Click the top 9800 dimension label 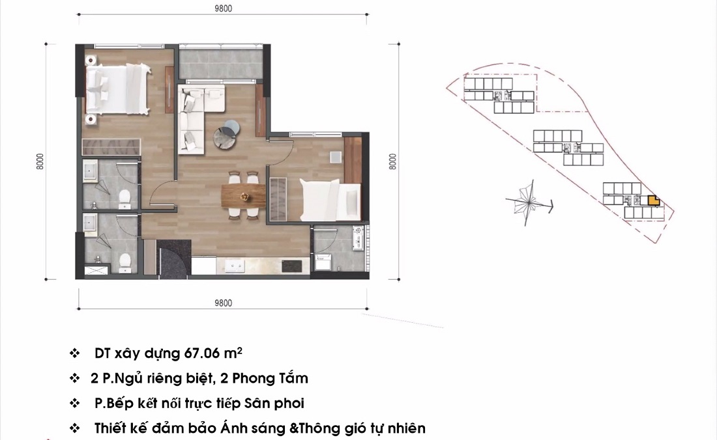[x=223, y=8]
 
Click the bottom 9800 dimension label [x=223, y=303]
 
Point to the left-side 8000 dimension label [x=40, y=161]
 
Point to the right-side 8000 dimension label [x=392, y=161]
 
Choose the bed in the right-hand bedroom [x=330, y=200]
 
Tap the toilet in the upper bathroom [x=126, y=195]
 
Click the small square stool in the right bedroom [x=335, y=157]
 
